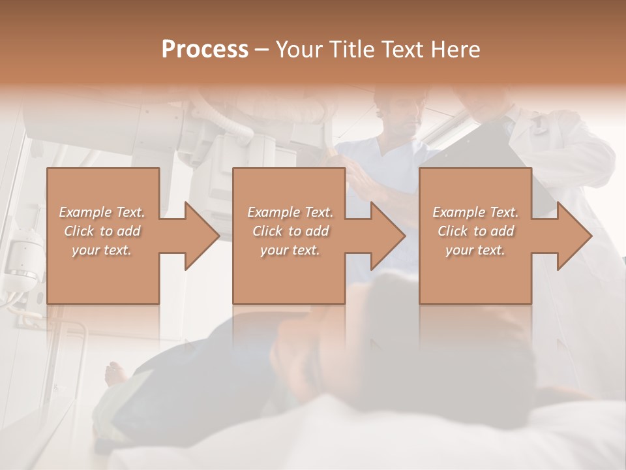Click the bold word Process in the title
[x=205, y=49]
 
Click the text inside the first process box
[x=102, y=231]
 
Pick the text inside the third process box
[x=475, y=231]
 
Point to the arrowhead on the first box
[x=202, y=236]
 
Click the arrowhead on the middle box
[x=388, y=236]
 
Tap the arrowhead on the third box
[x=574, y=236]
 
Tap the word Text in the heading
[x=402, y=49]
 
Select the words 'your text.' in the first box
[x=102, y=250]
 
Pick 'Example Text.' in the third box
[x=475, y=212]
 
